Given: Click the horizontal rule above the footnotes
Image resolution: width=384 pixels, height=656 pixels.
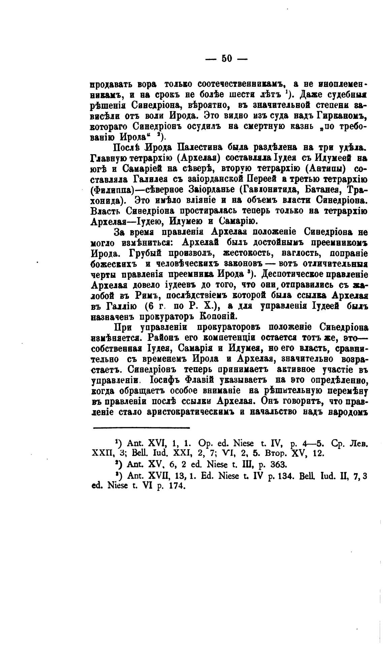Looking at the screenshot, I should [141, 428].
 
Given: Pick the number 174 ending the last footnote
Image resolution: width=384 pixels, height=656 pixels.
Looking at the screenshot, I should [177, 486].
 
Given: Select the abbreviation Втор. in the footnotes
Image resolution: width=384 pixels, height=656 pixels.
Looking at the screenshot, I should [281, 454].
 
